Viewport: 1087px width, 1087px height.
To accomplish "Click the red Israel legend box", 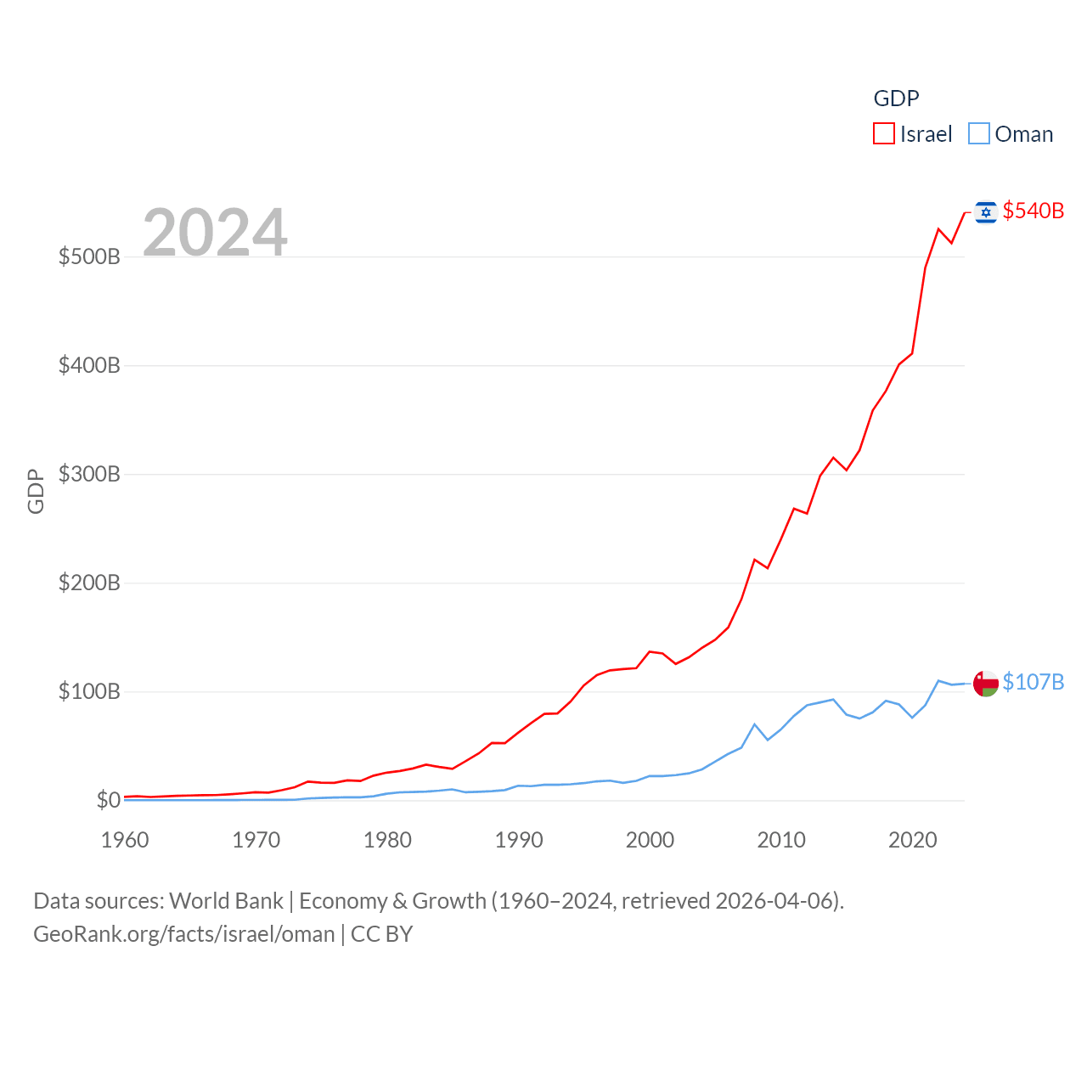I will (x=884, y=134).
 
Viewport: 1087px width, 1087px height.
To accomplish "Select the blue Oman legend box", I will (x=979, y=134).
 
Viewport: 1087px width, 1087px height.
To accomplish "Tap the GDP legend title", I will (x=896, y=99).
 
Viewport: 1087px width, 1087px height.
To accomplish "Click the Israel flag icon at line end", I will (x=985, y=211).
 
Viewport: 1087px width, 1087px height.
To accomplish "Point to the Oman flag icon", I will (x=985, y=683).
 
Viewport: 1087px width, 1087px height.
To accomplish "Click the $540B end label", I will (x=1033, y=211).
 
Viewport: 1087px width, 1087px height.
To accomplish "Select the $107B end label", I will (x=1033, y=682).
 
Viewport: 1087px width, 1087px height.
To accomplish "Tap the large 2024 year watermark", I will (x=215, y=232).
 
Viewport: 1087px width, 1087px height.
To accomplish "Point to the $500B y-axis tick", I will (x=89, y=256).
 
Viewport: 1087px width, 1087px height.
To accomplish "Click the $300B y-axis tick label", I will (x=89, y=474).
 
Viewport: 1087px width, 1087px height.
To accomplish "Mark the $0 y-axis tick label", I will (x=108, y=800).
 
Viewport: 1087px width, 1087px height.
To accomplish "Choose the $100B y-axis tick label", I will (x=89, y=691).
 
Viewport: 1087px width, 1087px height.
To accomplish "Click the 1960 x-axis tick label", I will (x=125, y=840).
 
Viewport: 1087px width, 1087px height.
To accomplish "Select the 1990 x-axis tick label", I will (x=519, y=840).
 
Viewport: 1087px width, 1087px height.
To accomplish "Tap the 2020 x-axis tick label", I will (x=912, y=840).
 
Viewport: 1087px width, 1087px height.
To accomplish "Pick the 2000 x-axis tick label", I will (x=650, y=840).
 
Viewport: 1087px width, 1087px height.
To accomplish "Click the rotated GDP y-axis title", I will (x=36, y=491).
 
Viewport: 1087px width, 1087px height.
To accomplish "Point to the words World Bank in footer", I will (x=226, y=901).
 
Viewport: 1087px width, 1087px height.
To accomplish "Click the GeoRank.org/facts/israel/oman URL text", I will (x=184, y=934).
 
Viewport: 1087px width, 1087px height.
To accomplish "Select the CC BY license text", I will (x=381, y=934).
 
